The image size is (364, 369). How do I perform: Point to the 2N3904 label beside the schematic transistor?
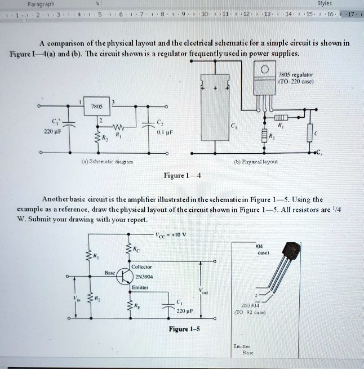(x=143, y=277)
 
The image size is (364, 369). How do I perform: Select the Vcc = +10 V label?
(x=174, y=234)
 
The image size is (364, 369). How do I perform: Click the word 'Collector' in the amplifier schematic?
(x=141, y=267)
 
